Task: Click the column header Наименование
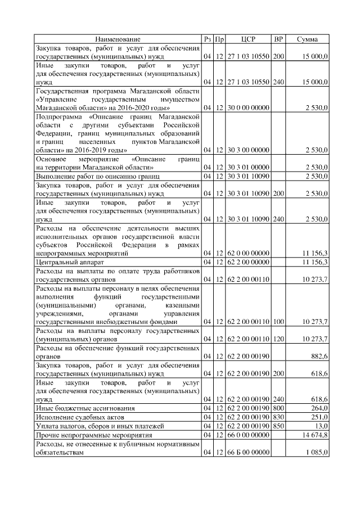pos(118,39)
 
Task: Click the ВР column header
pos(278,39)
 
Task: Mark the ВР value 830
pos(278,417)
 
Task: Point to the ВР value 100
pos(278,321)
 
